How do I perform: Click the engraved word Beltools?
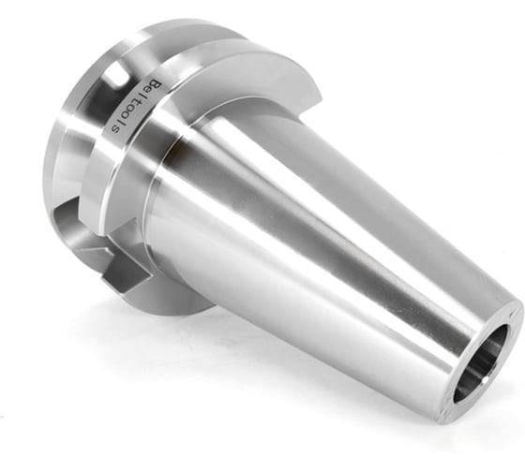coord(137,105)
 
